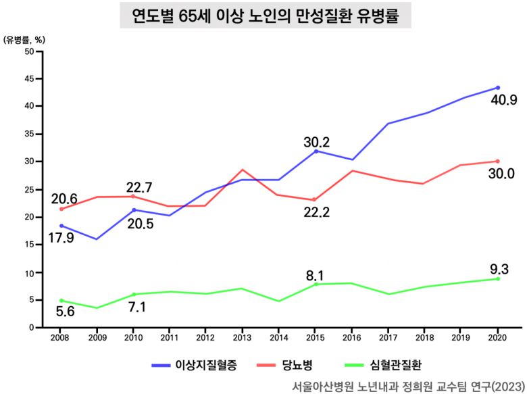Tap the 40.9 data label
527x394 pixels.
pos(504,100)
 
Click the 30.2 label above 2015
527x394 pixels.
pos(317,142)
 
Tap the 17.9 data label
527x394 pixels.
pos(61,238)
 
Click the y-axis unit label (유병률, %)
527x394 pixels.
pos(24,39)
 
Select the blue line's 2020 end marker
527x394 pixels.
pos(497,88)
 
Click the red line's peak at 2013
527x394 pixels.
pos(243,170)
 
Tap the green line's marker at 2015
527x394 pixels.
pos(316,284)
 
